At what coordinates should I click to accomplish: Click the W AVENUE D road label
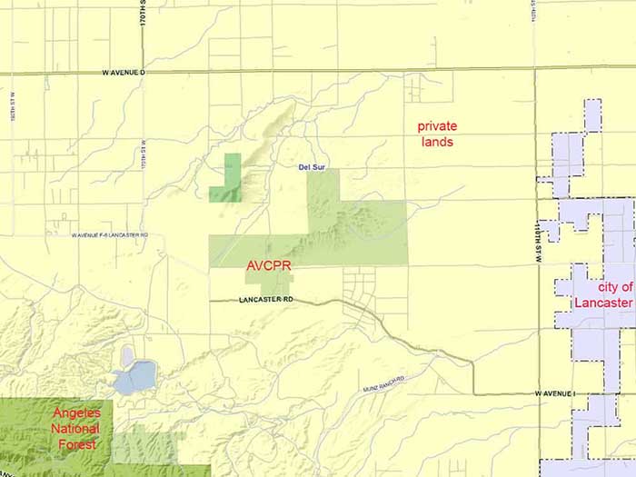click(124, 71)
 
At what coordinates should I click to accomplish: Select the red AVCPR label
click(268, 267)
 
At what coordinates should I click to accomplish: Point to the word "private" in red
click(437, 126)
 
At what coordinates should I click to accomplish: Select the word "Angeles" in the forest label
click(76, 414)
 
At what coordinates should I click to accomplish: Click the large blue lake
click(136, 376)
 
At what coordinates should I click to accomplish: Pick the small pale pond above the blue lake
click(126, 353)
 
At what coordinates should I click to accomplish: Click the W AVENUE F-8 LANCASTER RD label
click(110, 234)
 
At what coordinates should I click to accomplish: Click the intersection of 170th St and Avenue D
click(144, 71)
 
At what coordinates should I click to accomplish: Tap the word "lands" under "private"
click(437, 143)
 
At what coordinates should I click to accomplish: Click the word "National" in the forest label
click(76, 430)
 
